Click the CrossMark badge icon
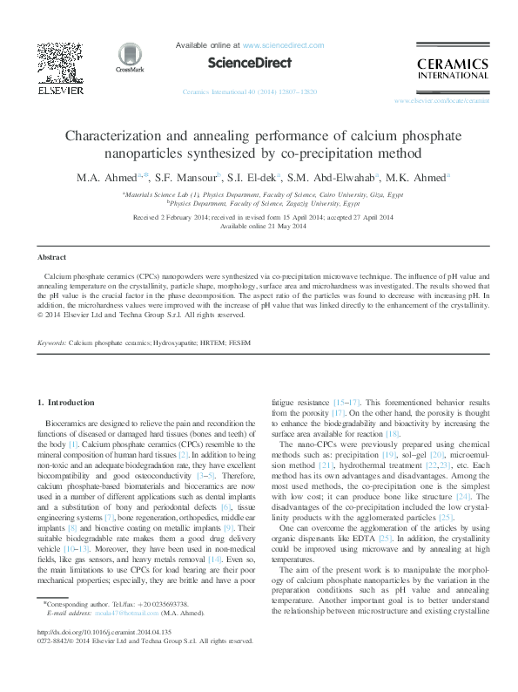(131, 58)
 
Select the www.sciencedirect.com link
(284, 45)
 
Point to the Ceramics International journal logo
(453, 67)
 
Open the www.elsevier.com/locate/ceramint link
(441, 101)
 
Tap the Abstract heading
(51, 258)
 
